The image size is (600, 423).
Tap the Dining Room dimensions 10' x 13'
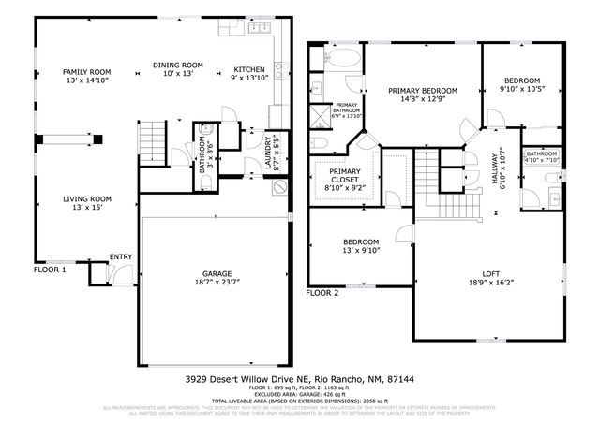point(178,74)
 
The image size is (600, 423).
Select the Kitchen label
point(248,69)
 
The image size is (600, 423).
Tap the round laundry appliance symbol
point(278,187)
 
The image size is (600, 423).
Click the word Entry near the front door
point(121,256)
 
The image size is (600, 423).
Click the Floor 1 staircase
point(151,145)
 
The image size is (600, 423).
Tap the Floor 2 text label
point(322,293)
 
